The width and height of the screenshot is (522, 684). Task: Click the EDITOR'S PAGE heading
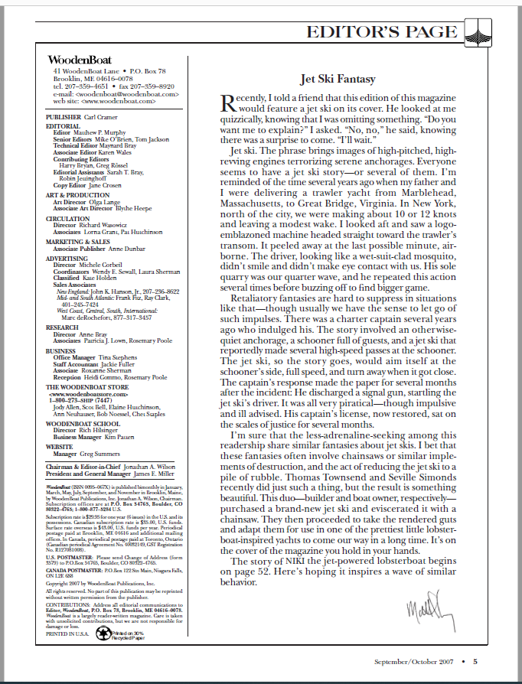coord(380,32)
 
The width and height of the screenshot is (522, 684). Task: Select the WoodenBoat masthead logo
coord(74,60)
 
